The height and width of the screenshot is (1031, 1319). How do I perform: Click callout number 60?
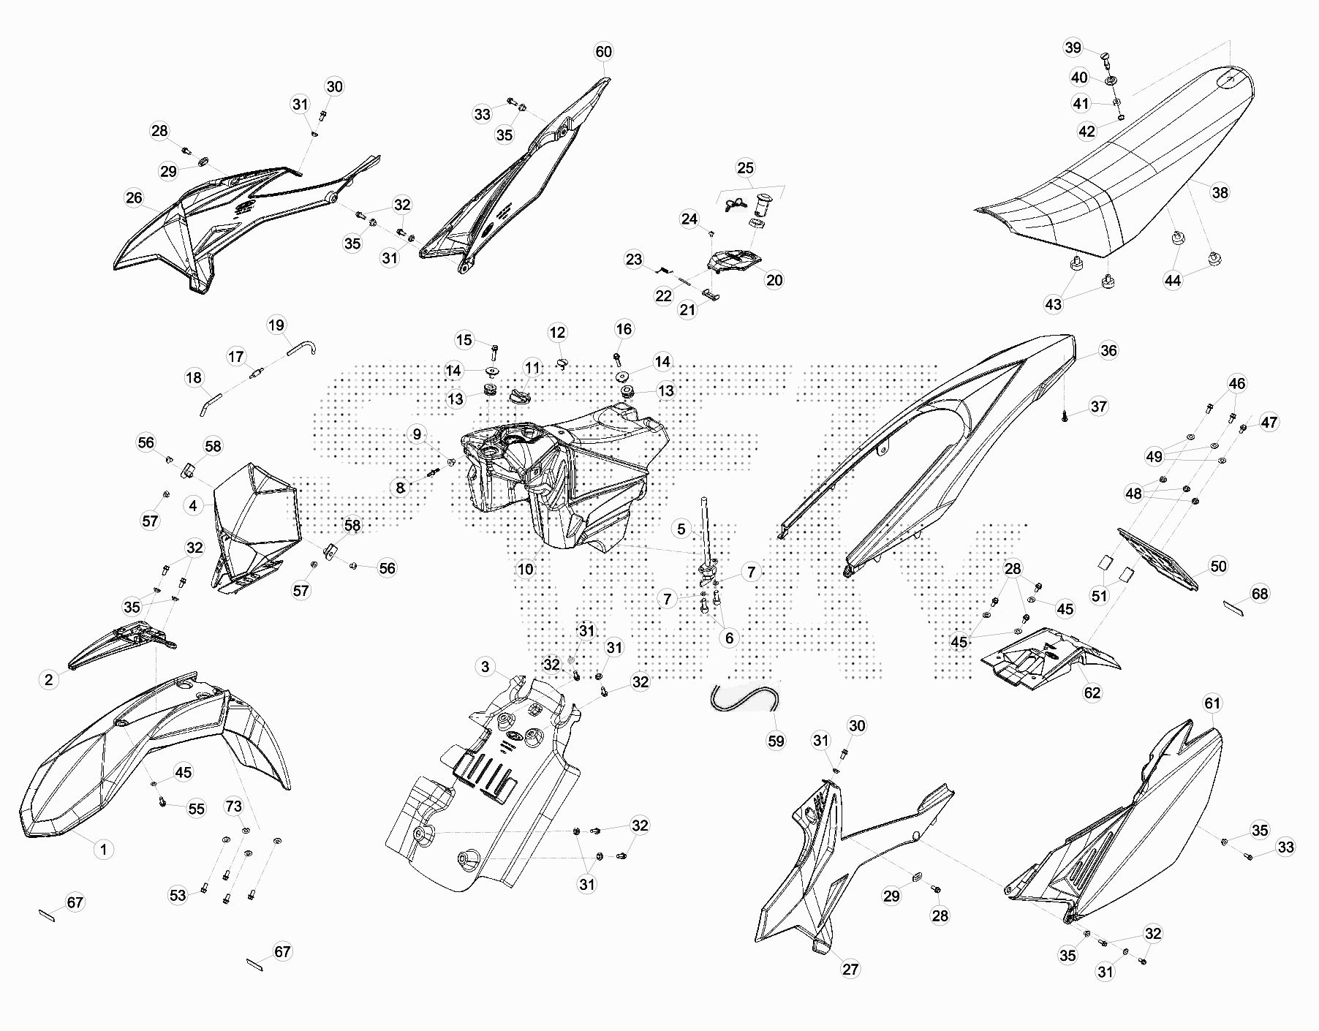(x=603, y=52)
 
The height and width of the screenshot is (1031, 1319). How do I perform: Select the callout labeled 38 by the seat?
(x=1220, y=192)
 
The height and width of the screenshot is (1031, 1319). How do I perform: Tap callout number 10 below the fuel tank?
(x=526, y=569)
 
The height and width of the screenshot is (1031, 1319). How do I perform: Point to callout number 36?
(x=1108, y=350)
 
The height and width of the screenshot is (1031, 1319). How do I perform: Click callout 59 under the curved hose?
(x=776, y=741)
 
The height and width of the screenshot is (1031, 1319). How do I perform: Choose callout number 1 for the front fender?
(x=104, y=849)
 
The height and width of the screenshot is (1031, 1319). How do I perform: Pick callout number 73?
(x=233, y=807)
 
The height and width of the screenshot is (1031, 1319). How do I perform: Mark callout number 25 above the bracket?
(x=745, y=168)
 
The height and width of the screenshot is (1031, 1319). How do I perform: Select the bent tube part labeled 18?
(x=210, y=403)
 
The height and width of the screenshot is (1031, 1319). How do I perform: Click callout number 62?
(x=1092, y=692)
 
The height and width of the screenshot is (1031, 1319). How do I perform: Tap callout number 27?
(x=850, y=969)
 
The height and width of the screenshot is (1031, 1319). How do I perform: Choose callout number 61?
(x=1212, y=703)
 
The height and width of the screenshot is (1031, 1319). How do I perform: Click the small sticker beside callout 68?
(x=1233, y=607)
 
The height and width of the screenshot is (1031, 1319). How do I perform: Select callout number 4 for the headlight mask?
(x=193, y=505)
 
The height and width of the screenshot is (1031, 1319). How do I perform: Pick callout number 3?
(x=485, y=666)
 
